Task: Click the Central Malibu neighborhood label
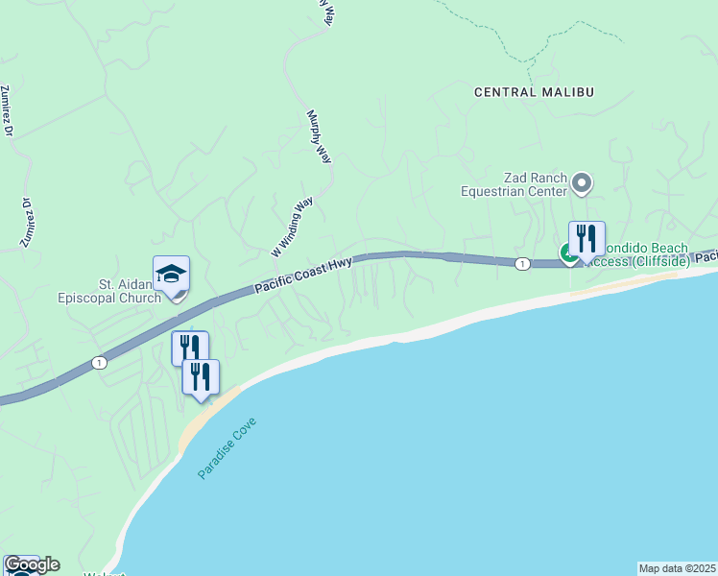(535, 92)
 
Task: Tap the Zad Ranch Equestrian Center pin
(581, 181)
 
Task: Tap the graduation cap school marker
(171, 274)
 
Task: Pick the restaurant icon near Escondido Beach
(586, 239)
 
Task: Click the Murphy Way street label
(319, 136)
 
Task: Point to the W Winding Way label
(292, 227)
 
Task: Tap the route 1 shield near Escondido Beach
(521, 264)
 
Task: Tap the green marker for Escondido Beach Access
(567, 252)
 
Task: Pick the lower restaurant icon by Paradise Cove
(201, 376)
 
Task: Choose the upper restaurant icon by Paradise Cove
(189, 348)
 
